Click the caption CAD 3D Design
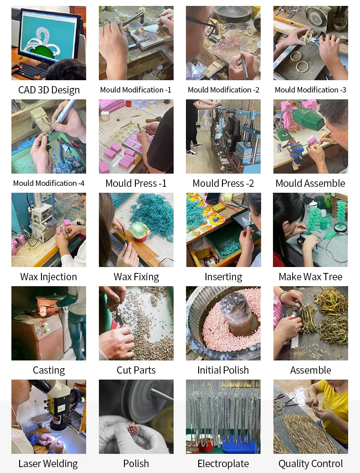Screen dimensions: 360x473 (49, 90)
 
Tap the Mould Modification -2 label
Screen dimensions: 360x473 (223, 90)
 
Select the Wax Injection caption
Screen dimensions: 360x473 (49, 277)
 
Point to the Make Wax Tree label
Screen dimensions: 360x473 (310, 277)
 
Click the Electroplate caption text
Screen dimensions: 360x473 (223, 463)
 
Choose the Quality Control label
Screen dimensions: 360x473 (310, 463)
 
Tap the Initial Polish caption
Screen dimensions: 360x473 (223, 370)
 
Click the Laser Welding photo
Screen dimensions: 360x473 (49, 416)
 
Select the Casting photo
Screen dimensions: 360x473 (49, 323)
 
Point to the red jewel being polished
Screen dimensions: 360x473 (134, 429)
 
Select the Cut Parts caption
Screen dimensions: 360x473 (136, 370)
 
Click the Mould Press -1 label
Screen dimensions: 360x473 (136, 183)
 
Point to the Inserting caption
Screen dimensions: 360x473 (223, 277)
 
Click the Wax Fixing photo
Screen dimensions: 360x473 (136, 230)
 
